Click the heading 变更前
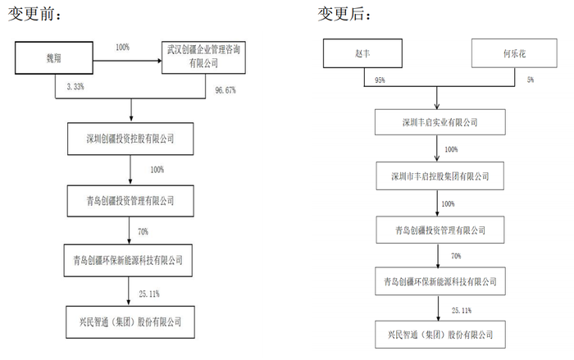tap(34, 14)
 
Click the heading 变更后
tap(344, 14)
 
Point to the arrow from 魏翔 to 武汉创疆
tap(127, 61)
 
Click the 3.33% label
tap(75, 87)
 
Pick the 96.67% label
tap(225, 90)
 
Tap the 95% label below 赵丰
tap(380, 80)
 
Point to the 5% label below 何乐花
tap(531, 80)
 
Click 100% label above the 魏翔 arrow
tap(123, 48)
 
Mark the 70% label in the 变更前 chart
tap(143, 232)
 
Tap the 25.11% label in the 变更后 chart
tap(462, 311)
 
